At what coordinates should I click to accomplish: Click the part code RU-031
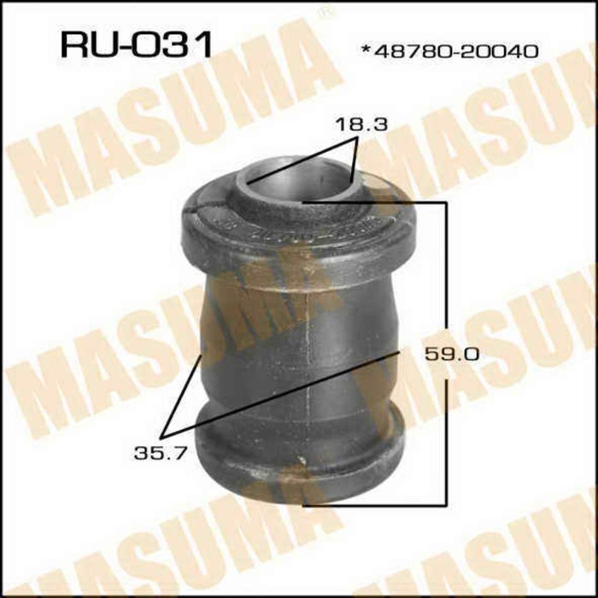tap(136, 44)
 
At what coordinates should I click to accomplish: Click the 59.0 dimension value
tap(445, 353)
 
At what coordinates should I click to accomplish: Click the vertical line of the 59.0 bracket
tap(446, 282)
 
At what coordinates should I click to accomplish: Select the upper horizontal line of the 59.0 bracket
tap(376, 202)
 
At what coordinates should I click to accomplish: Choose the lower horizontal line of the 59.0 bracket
tap(376, 503)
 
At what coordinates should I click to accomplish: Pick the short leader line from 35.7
tap(185, 393)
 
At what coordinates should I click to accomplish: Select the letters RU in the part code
tap(85, 44)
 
